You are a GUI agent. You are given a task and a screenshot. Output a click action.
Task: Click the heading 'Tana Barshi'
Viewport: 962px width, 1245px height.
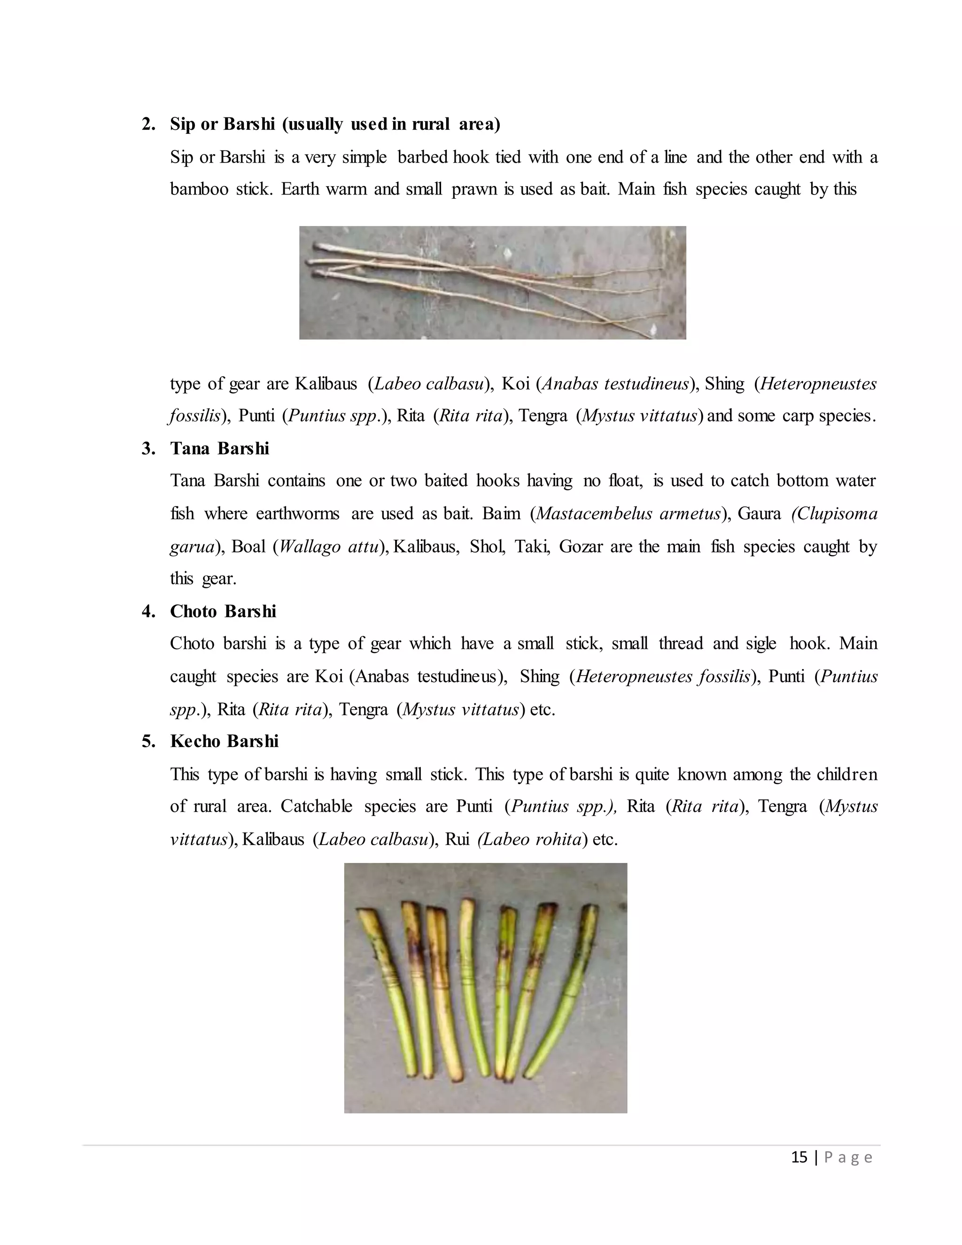pos(219,449)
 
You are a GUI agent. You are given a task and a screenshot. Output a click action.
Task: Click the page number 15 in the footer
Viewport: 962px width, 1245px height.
pos(799,1157)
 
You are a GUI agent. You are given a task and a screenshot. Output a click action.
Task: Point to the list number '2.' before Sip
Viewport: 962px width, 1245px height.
pos(148,124)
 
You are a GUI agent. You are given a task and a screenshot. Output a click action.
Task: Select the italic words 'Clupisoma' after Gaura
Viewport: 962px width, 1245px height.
pos(834,514)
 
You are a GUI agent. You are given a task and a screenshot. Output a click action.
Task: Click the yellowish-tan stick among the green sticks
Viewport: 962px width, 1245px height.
pos(444,1004)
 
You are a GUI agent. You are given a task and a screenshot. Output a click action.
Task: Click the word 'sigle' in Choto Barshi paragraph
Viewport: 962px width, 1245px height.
pos(761,644)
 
